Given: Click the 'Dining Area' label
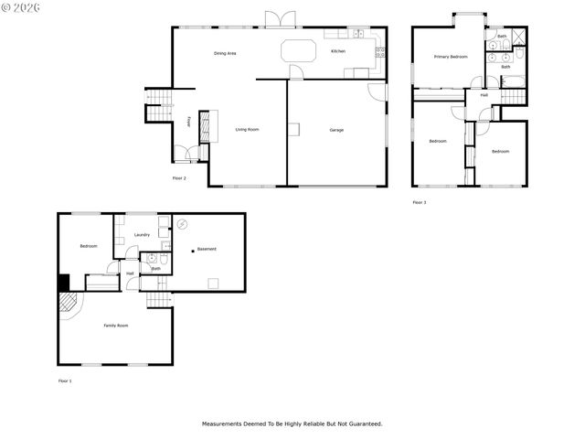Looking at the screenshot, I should click(x=225, y=54).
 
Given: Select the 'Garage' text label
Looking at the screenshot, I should click(x=336, y=130).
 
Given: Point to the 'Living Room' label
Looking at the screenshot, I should click(x=247, y=130).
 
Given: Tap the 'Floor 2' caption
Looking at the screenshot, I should click(x=179, y=177).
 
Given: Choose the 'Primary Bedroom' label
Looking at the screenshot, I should click(x=451, y=57).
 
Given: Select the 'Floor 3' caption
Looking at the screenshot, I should click(x=419, y=202).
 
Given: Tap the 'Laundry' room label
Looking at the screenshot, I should click(x=142, y=235).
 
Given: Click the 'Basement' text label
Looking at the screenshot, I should click(x=207, y=249).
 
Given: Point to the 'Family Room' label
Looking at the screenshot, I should click(x=115, y=326).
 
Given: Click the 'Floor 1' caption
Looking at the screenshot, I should click(x=64, y=380).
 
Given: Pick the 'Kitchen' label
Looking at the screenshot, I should click(x=338, y=51).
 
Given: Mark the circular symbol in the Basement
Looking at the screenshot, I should click(x=183, y=223).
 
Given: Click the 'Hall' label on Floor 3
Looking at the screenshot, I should click(x=484, y=94).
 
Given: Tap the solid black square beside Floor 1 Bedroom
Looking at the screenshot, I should click(x=64, y=283).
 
